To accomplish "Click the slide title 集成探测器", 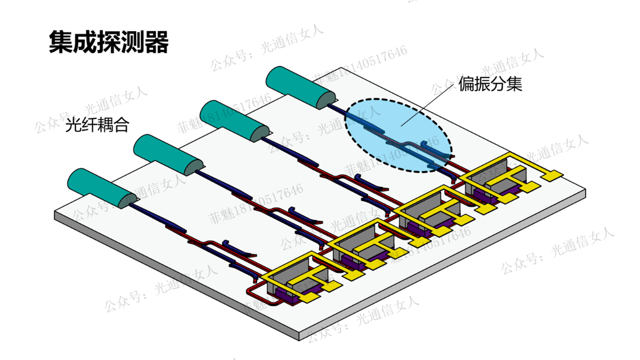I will (108, 42).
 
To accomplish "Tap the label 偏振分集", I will (490, 84).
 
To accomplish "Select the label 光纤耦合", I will (97, 125).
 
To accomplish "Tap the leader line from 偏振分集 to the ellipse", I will (429, 103).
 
